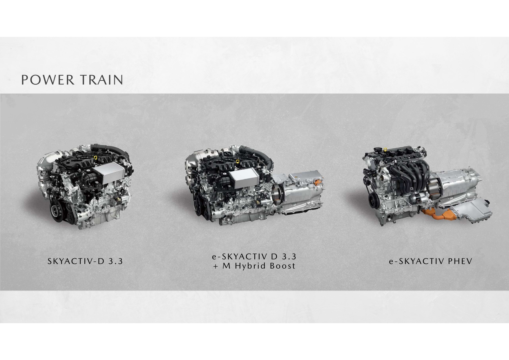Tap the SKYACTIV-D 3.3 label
pos(85,261)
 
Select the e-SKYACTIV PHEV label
pos(430,261)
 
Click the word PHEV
pos(460,261)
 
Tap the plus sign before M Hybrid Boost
pos(215,266)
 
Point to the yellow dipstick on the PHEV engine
pos(385,150)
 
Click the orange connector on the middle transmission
pos(318,183)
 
